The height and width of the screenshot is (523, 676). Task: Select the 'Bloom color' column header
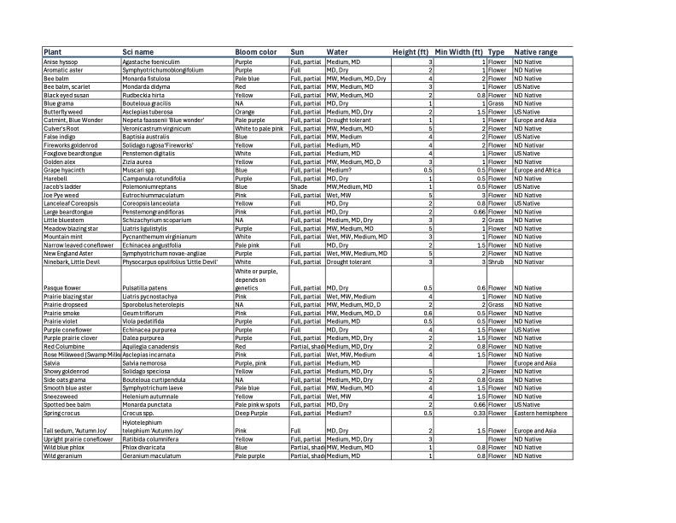(x=255, y=52)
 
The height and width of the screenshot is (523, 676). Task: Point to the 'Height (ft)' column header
(x=413, y=52)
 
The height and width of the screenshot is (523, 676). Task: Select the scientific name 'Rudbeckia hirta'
(x=147, y=95)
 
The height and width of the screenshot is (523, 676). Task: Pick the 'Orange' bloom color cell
(x=246, y=111)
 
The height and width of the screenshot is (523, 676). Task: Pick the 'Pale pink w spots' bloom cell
(x=260, y=404)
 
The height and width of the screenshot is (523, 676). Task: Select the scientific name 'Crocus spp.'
(x=142, y=413)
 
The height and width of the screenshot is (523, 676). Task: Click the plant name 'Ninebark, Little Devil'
(x=73, y=262)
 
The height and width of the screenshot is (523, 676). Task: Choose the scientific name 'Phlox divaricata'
(x=147, y=447)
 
